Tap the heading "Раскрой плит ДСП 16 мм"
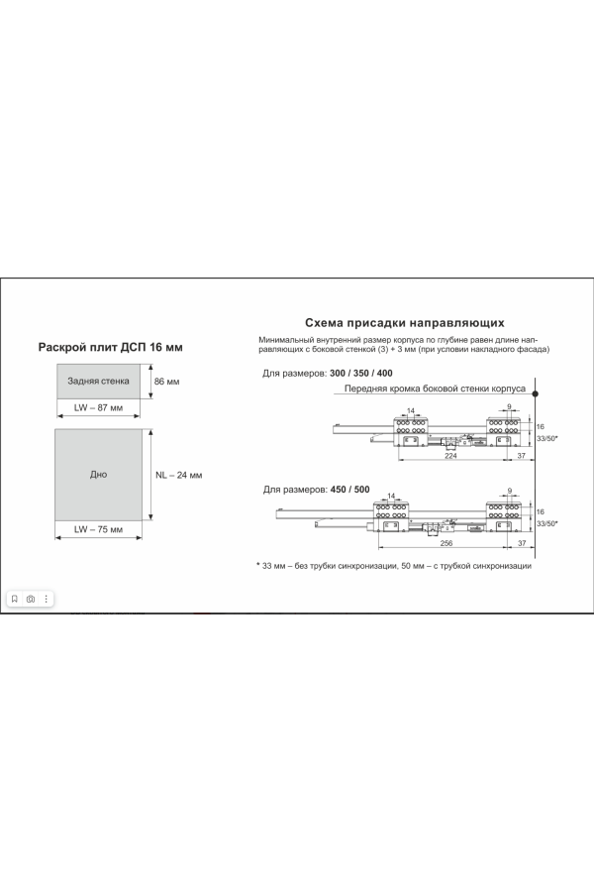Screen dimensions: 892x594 coord(110,347)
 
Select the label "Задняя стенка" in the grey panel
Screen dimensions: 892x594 coord(98,381)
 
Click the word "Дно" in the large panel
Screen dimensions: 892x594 coord(98,475)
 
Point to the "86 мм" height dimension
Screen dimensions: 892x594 coord(167,382)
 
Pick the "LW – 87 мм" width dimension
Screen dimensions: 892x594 coord(98,407)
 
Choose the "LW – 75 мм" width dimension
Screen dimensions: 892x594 coord(98,529)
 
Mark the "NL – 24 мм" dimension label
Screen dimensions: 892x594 coord(178,475)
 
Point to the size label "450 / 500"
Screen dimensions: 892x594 coord(349,490)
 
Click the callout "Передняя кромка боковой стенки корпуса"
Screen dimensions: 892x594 coord(434,389)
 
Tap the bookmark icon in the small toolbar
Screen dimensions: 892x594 coord(15,599)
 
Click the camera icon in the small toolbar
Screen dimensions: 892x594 coord(31,599)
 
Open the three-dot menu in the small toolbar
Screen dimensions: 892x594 coord(46,599)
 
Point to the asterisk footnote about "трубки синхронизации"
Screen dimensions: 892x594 coord(394,565)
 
